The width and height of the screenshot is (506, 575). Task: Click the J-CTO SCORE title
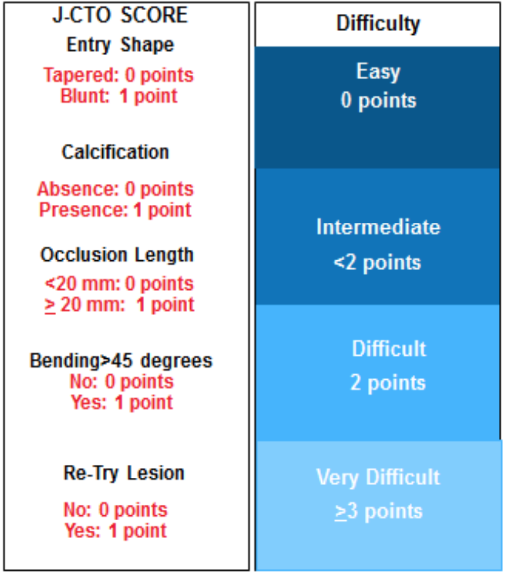click(120, 16)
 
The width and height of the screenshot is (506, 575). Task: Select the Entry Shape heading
click(120, 45)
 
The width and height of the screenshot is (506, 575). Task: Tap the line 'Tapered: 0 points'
click(118, 75)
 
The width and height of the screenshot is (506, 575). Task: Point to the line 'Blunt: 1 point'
click(118, 96)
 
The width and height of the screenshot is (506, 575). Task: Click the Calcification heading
click(115, 152)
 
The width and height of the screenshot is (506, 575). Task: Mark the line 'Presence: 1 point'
click(115, 210)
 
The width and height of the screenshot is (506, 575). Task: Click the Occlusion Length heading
click(117, 255)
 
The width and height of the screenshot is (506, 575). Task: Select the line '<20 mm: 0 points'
click(119, 284)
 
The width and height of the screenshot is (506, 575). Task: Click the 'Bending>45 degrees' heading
click(121, 361)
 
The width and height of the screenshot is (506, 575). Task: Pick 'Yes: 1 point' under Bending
click(121, 402)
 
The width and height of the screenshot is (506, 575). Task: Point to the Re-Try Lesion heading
click(124, 473)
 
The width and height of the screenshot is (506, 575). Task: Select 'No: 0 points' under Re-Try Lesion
click(115, 510)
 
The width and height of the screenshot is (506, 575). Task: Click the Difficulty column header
click(378, 24)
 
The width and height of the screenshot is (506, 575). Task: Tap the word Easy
click(378, 72)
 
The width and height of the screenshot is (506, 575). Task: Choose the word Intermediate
click(378, 227)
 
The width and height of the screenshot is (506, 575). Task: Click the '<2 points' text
click(377, 263)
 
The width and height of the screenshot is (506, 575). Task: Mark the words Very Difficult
click(378, 477)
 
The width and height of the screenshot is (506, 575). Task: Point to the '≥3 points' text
click(379, 512)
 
